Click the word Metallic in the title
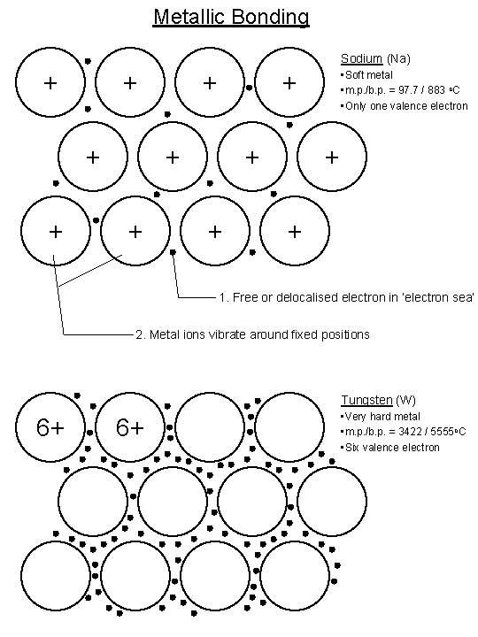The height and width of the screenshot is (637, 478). coord(189,17)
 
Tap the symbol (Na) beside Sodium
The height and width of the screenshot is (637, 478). coord(398,59)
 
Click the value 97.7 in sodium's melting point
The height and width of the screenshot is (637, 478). coord(405,91)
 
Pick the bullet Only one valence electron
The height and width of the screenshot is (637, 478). coord(404,106)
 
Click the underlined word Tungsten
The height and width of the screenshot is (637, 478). coord(366,400)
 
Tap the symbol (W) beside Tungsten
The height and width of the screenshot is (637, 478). coord(405,400)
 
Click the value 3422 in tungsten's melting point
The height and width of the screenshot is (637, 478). coord(407,432)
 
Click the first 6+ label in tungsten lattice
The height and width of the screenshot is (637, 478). coord(50,428)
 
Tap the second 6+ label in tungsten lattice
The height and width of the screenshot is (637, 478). coord(129,428)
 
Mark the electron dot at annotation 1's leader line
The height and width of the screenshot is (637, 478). coord(173,253)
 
